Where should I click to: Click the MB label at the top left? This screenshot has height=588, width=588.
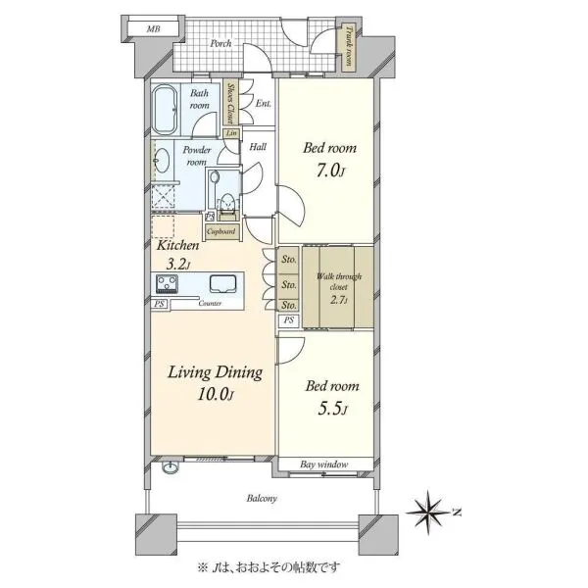(153, 28)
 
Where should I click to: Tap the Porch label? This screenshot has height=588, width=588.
(220, 43)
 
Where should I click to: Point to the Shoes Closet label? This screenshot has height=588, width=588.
(230, 103)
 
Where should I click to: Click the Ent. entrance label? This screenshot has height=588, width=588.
(264, 103)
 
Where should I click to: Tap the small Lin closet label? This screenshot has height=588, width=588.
(231, 132)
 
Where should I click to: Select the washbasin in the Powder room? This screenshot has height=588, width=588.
(162, 161)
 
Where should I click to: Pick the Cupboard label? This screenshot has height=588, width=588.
(220, 231)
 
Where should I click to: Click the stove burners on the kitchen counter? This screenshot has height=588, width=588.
(167, 283)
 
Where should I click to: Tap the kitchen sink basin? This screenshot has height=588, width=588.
(222, 283)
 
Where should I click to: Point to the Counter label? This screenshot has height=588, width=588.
(210, 303)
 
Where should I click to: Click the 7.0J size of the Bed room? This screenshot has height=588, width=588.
(330, 171)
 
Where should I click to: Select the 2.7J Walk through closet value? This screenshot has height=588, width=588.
(339, 300)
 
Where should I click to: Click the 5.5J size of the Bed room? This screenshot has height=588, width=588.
(332, 409)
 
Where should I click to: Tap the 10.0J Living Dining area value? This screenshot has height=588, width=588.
(216, 394)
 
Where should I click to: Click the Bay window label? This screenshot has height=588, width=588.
(324, 465)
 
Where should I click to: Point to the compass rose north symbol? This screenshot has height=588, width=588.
(428, 512)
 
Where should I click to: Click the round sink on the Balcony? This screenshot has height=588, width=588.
(171, 467)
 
